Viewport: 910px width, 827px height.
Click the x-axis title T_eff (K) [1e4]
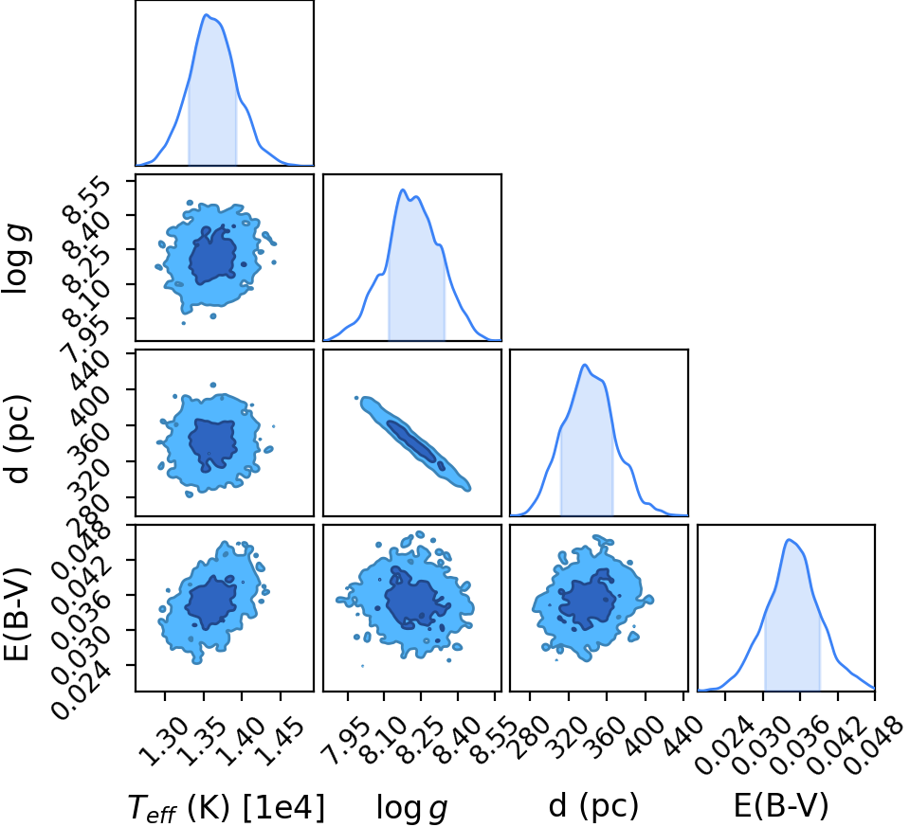tap(226, 807)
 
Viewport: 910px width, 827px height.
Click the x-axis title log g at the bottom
tap(412, 807)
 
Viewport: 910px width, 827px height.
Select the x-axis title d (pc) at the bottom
tap(593, 806)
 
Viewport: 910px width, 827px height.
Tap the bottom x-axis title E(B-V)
tap(781, 805)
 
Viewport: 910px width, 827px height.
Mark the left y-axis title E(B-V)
tap(17, 615)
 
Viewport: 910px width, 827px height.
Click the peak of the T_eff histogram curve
tap(206, 14)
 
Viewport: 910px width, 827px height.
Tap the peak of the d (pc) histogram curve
tap(585, 365)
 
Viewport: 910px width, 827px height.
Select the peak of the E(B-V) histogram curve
tap(788, 540)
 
